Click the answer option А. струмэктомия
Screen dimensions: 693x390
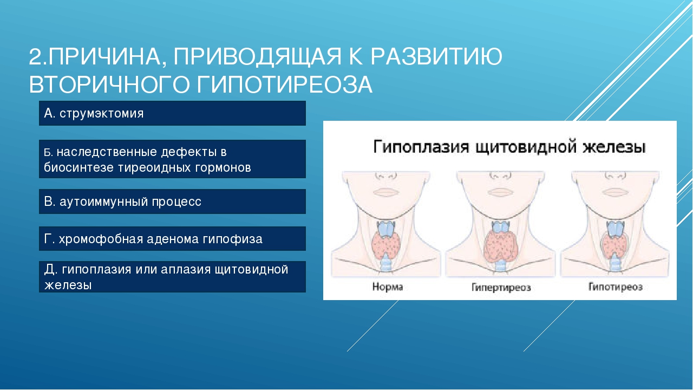[x=172, y=113]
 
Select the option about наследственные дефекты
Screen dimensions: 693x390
[x=172, y=159]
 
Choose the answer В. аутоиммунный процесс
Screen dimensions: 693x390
[x=172, y=201]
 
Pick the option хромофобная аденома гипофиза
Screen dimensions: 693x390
[x=172, y=239]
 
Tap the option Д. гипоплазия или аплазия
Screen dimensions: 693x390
[x=172, y=277]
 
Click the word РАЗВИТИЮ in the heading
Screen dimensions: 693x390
[x=436, y=56]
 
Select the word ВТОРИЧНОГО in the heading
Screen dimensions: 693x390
[x=109, y=84]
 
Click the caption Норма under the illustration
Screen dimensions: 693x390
[x=388, y=287]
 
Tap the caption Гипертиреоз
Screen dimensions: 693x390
[x=501, y=287]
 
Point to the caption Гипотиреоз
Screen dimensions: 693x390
[x=616, y=287]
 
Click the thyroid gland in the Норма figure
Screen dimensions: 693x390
[x=385, y=244]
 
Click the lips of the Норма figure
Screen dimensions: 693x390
[x=386, y=192]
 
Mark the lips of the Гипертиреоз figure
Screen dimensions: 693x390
[x=501, y=192]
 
